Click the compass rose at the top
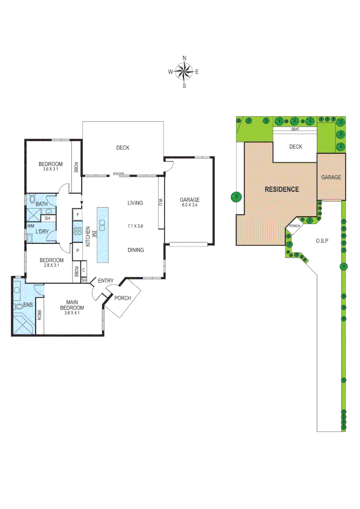(x=184, y=72)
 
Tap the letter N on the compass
(x=184, y=58)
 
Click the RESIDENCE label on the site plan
(x=281, y=189)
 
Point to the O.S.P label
(x=322, y=240)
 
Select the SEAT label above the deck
(x=295, y=129)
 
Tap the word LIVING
(x=135, y=203)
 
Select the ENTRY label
(x=106, y=281)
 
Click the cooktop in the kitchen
(x=77, y=231)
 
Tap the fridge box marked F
(x=77, y=215)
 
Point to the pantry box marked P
(x=77, y=250)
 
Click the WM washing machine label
(x=31, y=227)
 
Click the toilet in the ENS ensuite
(x=19, y=306)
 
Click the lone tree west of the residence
(x=236, y=197)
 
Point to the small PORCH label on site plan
(x=295, y=226)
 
